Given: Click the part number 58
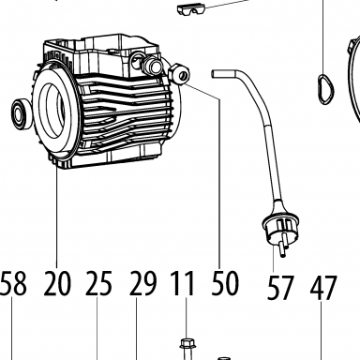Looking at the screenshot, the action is point(13,283).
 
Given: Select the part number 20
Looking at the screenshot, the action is point(57,283).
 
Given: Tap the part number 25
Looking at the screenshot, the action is point(98,283).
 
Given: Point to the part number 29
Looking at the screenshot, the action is point(142,283).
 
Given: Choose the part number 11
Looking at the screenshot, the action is point(183,283).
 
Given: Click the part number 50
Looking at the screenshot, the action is point(225,283).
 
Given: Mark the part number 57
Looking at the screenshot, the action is point(280,287).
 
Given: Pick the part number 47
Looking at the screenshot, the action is point(323,287).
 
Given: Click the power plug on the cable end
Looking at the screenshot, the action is point(279,231).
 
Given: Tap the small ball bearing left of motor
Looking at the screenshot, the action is point(22,113).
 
